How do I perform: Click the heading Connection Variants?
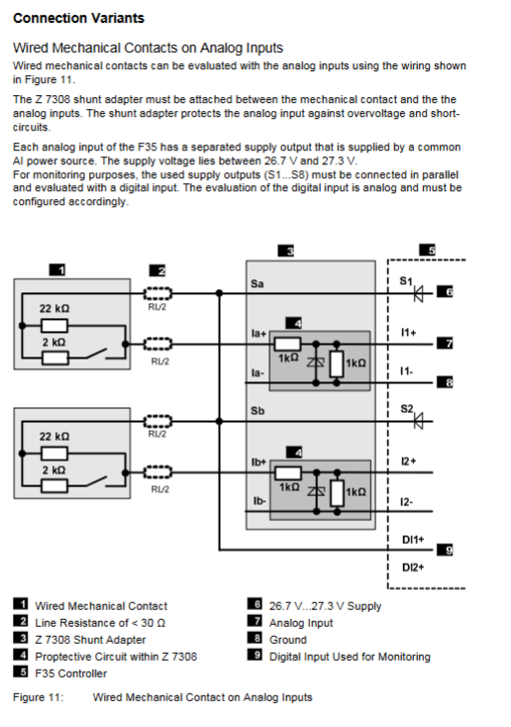[x=79, y=18]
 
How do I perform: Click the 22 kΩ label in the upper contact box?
[x=54, y=308]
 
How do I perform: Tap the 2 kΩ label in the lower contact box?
[x=54, y=470]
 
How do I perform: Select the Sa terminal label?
[x=257, y=283]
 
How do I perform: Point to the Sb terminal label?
[x=257, y=411]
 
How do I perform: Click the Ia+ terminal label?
[x=258, y=334]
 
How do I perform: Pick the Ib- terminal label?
[x=259, y=501]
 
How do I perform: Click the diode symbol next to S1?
[x=419, y=293]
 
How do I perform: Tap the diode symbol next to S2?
[x=419, y=421]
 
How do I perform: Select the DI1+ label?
[x=413, y=540]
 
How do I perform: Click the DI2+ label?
[x=413, y=568]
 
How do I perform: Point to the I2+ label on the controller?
[x=409, y=462]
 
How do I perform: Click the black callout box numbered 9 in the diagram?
[x=445, y=550]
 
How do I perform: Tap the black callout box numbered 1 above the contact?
[x=57, y=269]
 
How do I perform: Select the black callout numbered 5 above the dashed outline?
[x=427, y=250]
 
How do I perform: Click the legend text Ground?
[x=288, y=640]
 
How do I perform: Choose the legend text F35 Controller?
[x=71, y=674]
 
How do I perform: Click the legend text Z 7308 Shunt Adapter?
[x=90, y=640]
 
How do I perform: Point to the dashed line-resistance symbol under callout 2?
[x=157, y=293]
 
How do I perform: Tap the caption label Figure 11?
[x=38, y=697]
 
